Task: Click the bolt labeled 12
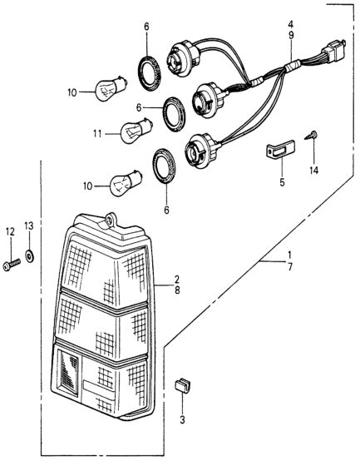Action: pyautogui.click(x=12, y=265)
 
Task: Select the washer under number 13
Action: pyautogui.click(x=30, y=255)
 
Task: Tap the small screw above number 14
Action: pyautogui.click(x=310, y=136)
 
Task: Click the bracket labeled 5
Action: pyautogui.click(x=280, y=150)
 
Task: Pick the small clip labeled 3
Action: pyautogui.click(x=182, y=384)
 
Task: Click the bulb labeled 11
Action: pyautogui.click(x=137, y=131)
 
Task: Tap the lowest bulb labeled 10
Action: pyautogui.click(x=126, y=183)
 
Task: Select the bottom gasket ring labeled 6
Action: pyautogui.click(x=164, y=166)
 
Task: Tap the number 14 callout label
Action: pyautogui.click(x=314, y=171)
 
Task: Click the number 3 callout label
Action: pyautogui.click(x=183, y=420)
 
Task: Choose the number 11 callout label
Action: pyautogui.click(x=97, y=134)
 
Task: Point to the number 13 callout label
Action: pyautogui.click(x=29, y=226)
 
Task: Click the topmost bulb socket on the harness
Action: pyautogui.click(x=184, y=57)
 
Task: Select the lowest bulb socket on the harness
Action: pyautogui.click(x=201, y=150)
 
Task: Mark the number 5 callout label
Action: pyautogui.click(x=282, y=182)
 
